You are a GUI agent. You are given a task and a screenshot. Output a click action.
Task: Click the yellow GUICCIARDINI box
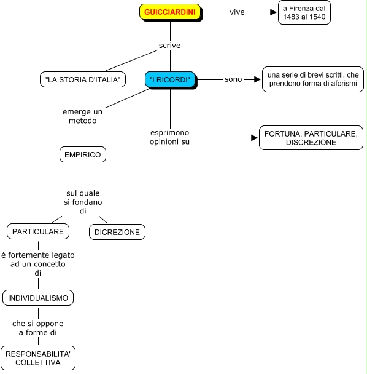[x=170, y=12]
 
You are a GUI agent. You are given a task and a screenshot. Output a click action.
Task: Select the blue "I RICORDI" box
[x=170, y=79]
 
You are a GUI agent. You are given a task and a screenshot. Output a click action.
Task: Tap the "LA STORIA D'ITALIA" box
[x=83, y=79]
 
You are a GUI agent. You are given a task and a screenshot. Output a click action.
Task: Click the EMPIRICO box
[x=83, y=154]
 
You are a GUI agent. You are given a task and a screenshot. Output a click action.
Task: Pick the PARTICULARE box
[x=38, y=231]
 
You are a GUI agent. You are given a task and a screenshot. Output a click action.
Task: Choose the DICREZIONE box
[x=117, y=232]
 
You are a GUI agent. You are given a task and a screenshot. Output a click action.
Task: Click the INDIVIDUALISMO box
[x=38, y=298]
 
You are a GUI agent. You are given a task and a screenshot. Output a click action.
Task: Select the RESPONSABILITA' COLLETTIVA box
[x=38, y=358]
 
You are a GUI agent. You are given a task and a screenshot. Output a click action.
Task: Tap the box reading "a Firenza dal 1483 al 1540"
[x=304, y=12]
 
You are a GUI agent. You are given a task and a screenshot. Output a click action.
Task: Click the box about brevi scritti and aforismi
[x=313, y=79]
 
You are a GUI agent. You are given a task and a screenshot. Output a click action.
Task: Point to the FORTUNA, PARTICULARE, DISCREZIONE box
[x=311, y=138]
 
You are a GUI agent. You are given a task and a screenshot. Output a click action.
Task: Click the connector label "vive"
[x=237, y=12]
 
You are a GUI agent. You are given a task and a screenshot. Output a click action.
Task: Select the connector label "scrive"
[x=170, y=46]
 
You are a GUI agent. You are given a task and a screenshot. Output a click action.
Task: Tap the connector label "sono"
[x=233, y=79]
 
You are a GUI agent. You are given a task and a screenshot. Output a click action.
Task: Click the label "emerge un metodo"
[x=83, y=116]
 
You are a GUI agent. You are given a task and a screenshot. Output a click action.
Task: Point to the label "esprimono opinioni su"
[x=170, y=137]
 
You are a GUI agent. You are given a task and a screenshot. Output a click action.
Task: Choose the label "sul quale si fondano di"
[x=83, y=202]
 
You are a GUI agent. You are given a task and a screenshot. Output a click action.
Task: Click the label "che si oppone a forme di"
[x=38, y=328]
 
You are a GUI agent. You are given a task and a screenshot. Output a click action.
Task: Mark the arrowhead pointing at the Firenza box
[x=273, y=12]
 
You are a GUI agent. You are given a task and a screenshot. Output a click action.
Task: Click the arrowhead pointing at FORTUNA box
[x=254, y=138]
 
